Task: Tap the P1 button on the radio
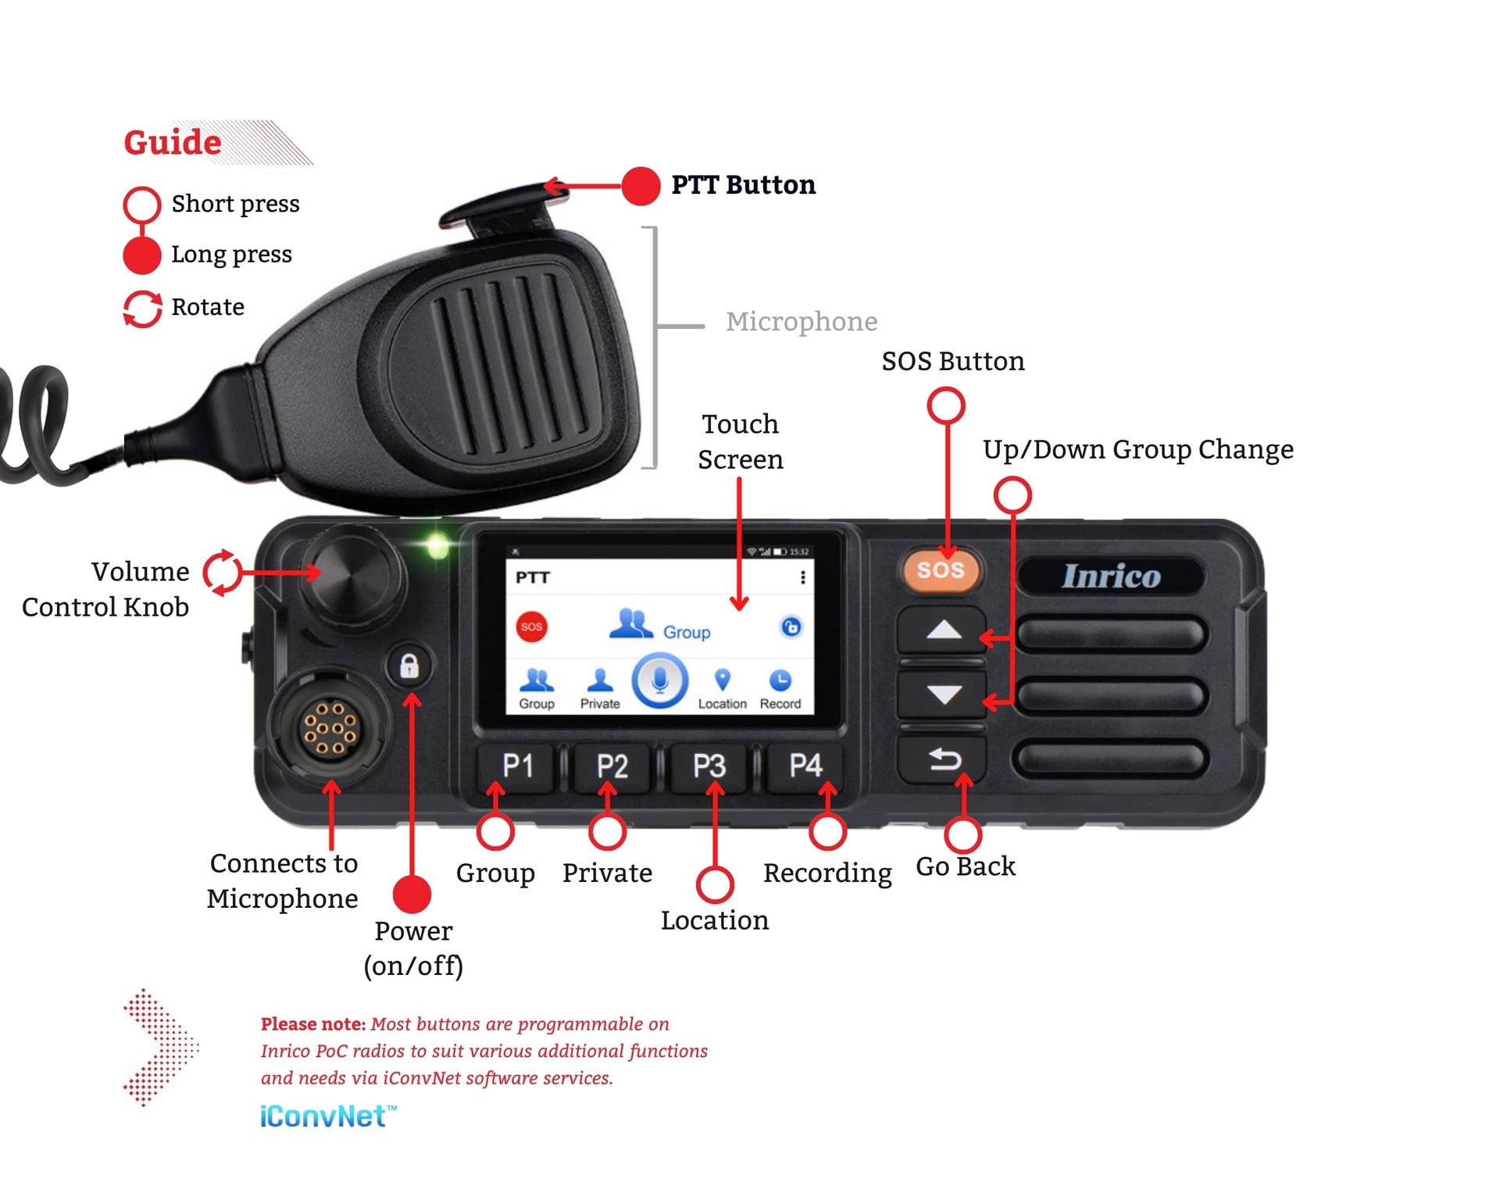(517, 766)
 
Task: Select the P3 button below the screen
(709, 766)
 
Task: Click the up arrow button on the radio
(943, 630)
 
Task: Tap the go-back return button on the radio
(943, 759)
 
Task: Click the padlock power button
(409, 666)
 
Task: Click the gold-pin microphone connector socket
(329, 728)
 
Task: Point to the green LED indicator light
(437, 545)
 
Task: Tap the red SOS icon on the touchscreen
(532, 627)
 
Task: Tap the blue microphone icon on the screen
(660, 680)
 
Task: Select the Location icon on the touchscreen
(722, 687)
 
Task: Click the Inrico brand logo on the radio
(1111, 576)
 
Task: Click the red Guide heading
(173, 142)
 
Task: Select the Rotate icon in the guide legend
(142, 308)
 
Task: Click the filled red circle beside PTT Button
(641, 186)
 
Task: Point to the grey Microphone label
(801, 321)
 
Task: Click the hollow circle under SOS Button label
(945, 405)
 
